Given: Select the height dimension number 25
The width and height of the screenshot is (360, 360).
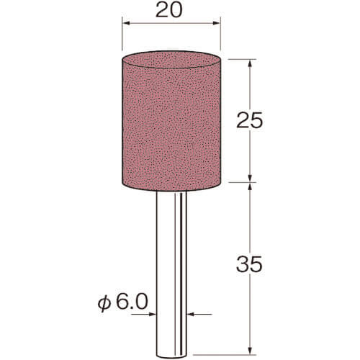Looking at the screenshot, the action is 250,120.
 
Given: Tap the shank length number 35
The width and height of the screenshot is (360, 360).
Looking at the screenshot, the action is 250,264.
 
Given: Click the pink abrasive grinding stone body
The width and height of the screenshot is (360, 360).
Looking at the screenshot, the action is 171,121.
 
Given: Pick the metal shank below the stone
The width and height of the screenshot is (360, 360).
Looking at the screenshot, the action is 171,275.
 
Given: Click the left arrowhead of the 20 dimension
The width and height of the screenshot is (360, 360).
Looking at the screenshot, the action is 126,23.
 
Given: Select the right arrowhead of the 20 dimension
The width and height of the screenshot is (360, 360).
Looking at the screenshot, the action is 217,23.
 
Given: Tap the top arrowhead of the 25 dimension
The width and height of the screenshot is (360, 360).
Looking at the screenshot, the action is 250,63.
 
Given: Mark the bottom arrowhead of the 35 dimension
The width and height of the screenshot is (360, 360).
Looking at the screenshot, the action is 250,350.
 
